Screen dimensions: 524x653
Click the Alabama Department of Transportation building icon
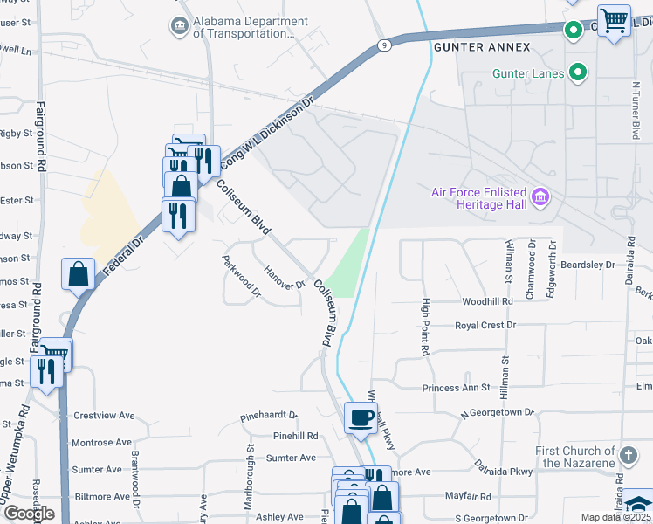pyautogui.click(x=180, y=26)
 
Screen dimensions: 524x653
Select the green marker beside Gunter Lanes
pyautogui.click(x=577, y=72)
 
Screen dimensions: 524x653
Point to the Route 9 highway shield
pyautogui.click(x=383, y=45)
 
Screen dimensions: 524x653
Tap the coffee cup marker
pyautogui.click(x=361, y=417)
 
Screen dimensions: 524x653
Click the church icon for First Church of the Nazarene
pyautogui.click(x=628, y=454)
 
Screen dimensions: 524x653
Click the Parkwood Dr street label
pyautogui.click(x=242, y=276)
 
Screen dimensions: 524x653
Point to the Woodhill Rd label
pyautogui.click(x=487, y=301)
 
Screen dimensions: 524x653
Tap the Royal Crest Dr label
pyautogui.click(x=485, y=325)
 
